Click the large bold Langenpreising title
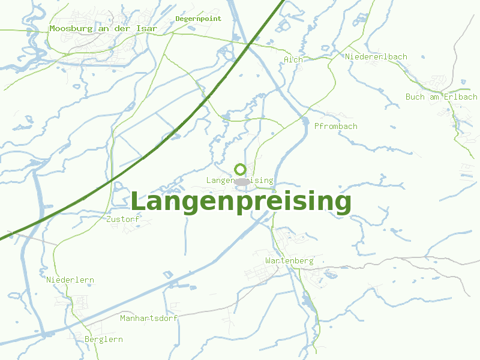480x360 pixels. (240, 202)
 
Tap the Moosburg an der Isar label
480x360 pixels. (103, 28)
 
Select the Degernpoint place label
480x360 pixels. (199, 19)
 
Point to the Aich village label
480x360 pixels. (293, 59)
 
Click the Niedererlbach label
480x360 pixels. (376, 56)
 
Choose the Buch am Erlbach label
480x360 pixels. (442, 97)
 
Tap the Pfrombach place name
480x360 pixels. (336, 126)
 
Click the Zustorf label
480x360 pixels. (122, 219)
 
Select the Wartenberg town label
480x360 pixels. (289, 260)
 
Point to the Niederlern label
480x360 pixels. (70, 280)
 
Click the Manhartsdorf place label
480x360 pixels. (149, 318)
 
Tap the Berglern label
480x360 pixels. (104, 339)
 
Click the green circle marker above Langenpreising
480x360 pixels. (240, 169)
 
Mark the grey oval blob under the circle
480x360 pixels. (241, 181)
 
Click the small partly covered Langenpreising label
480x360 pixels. (219, 180)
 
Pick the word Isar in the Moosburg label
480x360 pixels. (147, 28)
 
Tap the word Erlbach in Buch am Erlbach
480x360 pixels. (461, 97)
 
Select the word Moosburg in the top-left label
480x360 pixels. (69, 28)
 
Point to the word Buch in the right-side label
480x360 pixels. (415, 97)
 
